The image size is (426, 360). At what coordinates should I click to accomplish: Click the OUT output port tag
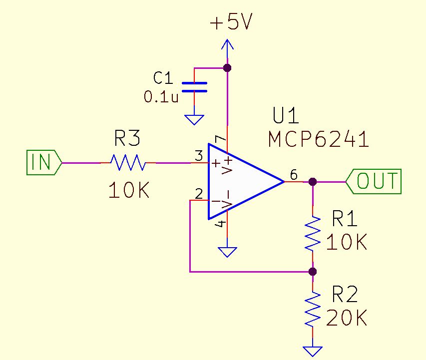pos(374,182)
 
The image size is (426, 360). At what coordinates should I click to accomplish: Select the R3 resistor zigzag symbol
pos(128,162)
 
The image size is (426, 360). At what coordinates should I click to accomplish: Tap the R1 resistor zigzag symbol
pos(313,234)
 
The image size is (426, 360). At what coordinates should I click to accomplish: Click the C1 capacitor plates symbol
pos(193,87)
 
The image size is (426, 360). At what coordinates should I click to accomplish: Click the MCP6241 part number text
pos(319,140)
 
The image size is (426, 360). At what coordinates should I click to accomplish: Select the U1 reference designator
pos(286,116)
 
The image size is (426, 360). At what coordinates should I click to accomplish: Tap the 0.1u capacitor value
pos(161,97)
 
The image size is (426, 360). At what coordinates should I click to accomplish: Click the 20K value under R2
pos(347,318)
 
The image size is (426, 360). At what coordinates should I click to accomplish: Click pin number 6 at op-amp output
pos(293,175)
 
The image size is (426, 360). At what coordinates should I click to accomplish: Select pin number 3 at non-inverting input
pos(198,156)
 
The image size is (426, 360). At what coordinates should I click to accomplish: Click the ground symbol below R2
pos(313,351)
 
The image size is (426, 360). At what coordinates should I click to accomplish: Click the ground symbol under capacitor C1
pos(194,120)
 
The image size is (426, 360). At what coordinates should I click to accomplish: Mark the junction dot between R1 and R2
pos(313,272)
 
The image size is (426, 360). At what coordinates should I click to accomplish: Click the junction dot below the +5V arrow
pos(227,67)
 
